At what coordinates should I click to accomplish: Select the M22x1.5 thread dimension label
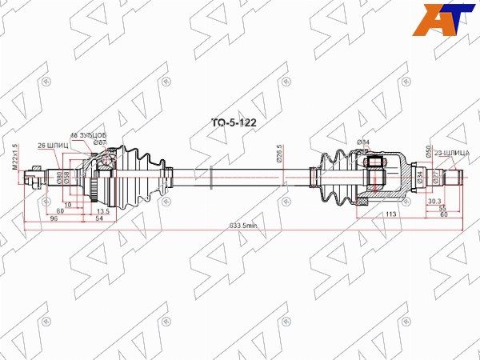click(x=15, y=156)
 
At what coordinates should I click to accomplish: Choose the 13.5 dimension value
click(x=103, y=211)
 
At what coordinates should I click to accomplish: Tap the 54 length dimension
click(x=100, y=218)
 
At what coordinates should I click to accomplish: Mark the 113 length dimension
click(x=392, y=214)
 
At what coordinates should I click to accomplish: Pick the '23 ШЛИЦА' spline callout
click(x=452, y=151)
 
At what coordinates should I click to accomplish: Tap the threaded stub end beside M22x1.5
click(x=34, y=174)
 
